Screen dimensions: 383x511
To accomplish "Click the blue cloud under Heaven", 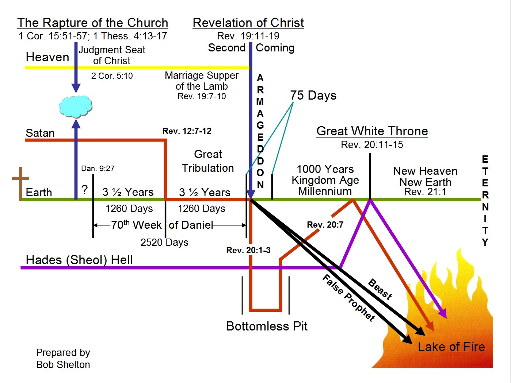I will pos(76,107).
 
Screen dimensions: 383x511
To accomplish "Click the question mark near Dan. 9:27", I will pos(85,189).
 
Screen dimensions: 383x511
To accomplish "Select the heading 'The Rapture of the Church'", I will pos(93,23).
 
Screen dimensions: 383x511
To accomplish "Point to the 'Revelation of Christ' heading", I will pos(248,23).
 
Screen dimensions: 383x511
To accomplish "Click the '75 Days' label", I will pos(313,95).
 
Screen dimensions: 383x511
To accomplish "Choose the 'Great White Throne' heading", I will pos(372,131).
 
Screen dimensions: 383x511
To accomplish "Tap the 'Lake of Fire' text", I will pos(451,347).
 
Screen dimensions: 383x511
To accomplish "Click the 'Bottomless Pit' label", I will pos(267,326).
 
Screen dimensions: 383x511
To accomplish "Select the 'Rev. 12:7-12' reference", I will pos(187,131).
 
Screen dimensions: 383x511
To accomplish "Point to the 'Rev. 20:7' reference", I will pos(325,225).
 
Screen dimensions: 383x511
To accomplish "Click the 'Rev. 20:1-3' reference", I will pos(248,250).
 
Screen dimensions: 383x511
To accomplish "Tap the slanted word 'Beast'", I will pos(380,289).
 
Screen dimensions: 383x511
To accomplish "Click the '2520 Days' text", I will pos(164,242).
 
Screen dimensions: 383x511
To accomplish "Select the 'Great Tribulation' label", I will pos(208,161).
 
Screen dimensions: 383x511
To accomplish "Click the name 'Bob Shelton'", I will pos(63,364).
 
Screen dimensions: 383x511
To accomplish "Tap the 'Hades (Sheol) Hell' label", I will pos(79,260).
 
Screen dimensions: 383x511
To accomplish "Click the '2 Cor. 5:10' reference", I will pos(112,76).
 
